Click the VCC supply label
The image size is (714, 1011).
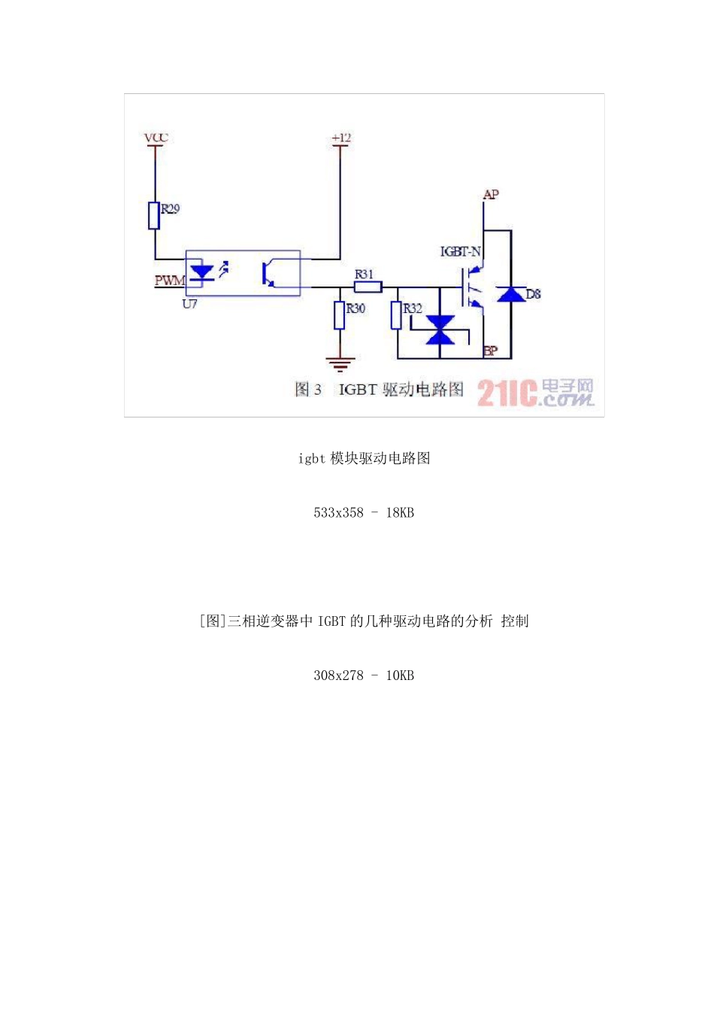156,138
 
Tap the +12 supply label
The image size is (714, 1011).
341,138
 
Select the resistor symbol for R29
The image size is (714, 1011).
154,215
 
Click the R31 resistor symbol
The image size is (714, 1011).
368,287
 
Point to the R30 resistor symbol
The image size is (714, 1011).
340,315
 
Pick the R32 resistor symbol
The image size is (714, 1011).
396,315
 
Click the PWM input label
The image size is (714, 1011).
170,281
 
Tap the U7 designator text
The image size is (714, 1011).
189,304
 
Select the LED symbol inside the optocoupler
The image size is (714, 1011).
201,272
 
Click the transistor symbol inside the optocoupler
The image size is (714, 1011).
268,274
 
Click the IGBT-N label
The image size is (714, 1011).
460,251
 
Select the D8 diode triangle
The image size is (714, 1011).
513,294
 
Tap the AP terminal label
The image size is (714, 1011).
491,195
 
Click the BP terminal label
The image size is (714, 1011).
490,351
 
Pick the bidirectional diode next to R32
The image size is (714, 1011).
440,329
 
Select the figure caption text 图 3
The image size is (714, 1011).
308,389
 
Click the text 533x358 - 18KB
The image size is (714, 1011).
364,512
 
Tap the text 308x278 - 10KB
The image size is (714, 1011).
364,675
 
